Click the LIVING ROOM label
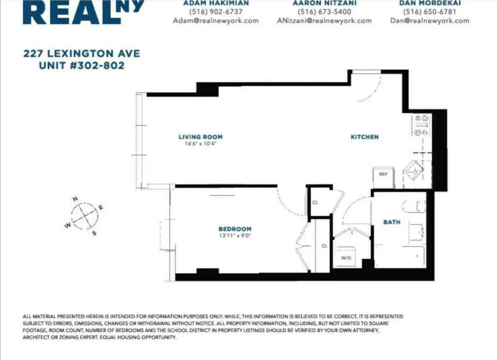point(200,137)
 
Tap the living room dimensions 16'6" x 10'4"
point(200,144)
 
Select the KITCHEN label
point(364,137)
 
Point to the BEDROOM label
point(235,229)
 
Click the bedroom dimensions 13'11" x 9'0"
point(235,236)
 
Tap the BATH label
point(391,222)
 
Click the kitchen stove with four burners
point(421,125)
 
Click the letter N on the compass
point(75,199)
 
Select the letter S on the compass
point(94,233)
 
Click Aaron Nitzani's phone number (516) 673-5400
point(324,12)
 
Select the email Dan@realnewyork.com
point(429,21)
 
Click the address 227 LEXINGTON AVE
point(82,54)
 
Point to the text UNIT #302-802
point(82,65)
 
